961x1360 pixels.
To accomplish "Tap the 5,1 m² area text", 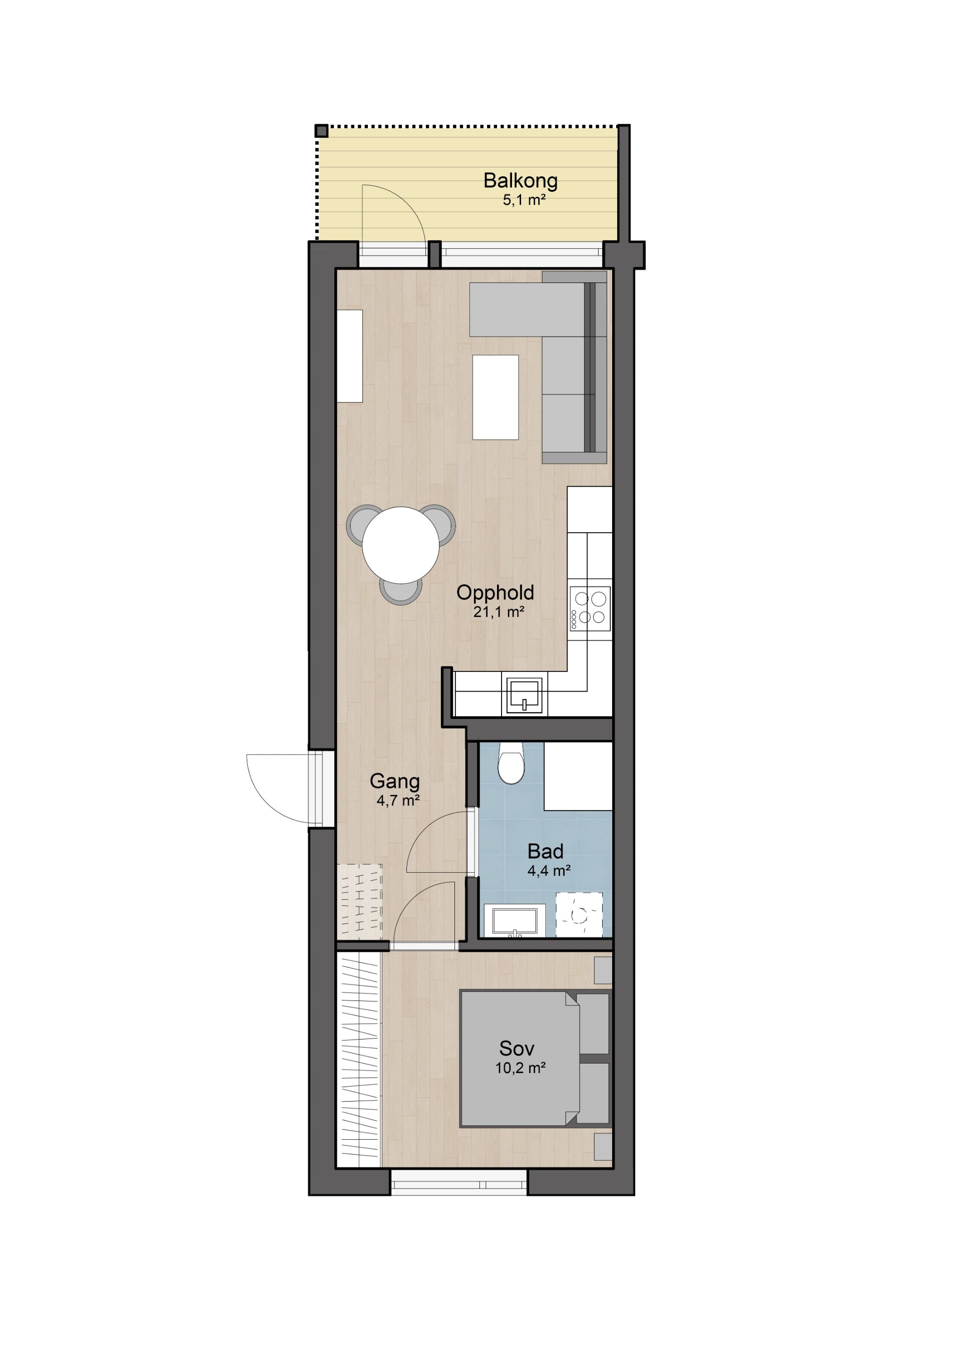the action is pyautogui.click(x=524, y=200).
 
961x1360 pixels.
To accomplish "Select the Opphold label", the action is pyautogui.click(x=495, y=593).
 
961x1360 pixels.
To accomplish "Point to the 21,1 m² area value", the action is pyautogui.click(x=498, y=612).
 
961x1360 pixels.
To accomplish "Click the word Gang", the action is pyautogui.click(x=394, y=782).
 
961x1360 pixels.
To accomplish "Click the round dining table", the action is pyautogui.click(x=400, y=545).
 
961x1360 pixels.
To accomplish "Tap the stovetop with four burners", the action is pyautogui.click(x=590, y=608).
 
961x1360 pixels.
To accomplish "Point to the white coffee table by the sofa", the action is pyautogui.click(x=495, y=397).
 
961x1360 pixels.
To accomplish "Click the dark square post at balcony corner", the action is pyautogui.click(x=321, y=131).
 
